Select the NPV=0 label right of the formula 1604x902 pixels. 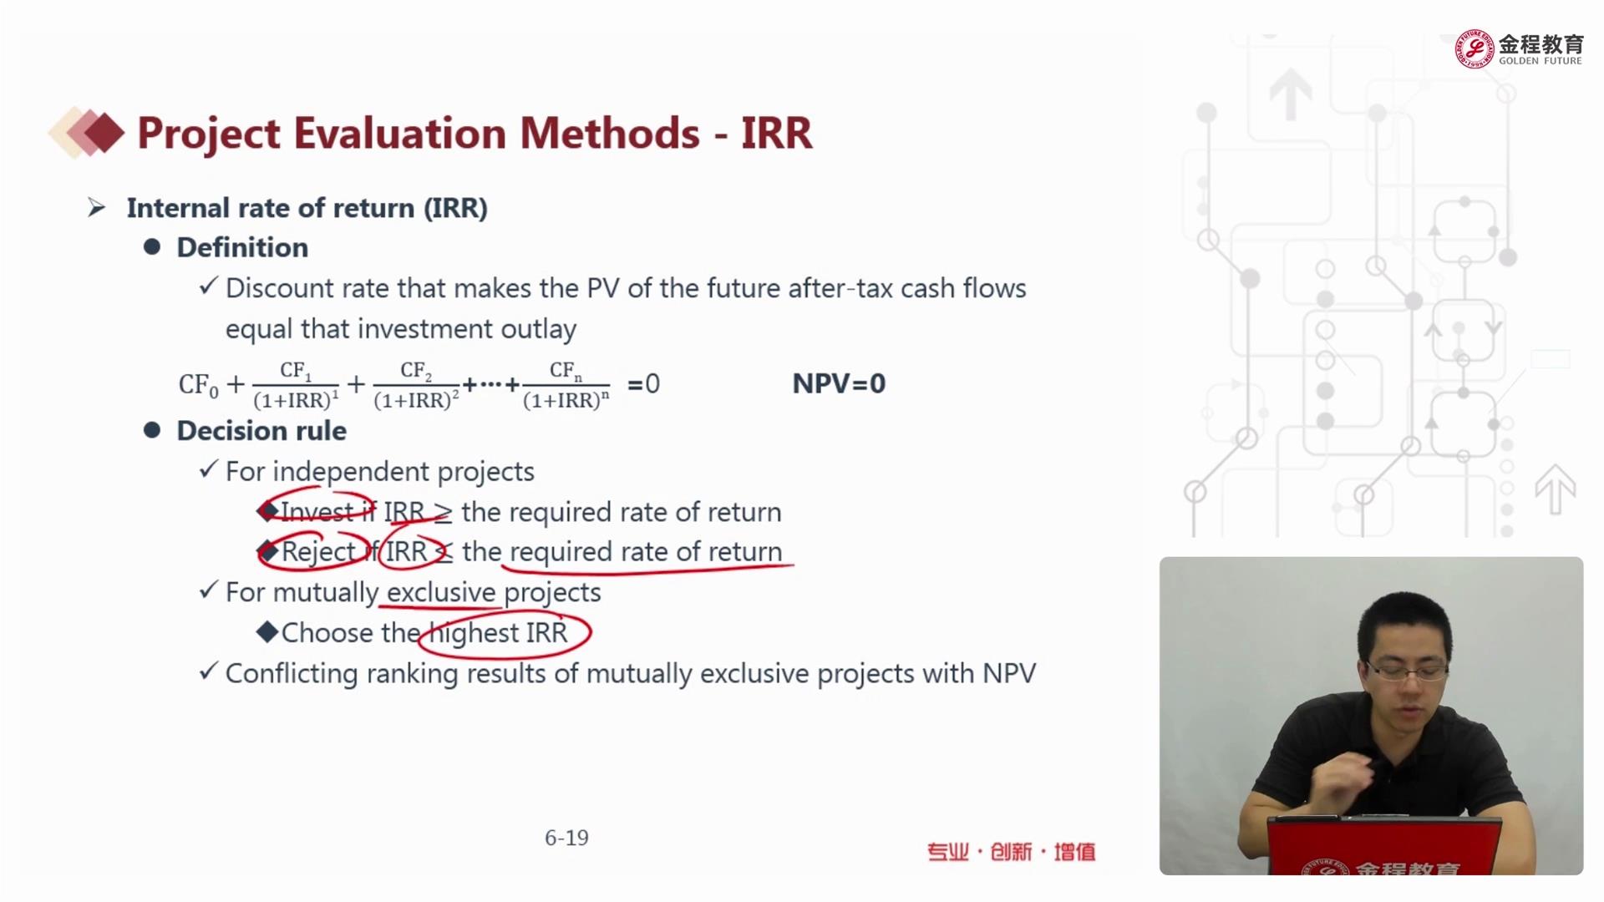tap(839, 383)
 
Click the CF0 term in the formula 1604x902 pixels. tap(199, 385)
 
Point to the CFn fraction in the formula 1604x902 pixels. tap(566, 385)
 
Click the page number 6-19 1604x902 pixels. tap(566, 838)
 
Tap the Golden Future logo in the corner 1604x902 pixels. tap(1519, 49)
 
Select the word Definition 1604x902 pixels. tap(242, 248)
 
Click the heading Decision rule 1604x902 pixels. tap(261, 431)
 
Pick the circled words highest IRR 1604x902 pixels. tap(499, 633)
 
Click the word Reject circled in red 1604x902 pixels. tap(318, 552)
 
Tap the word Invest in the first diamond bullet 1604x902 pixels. tap(317, 512)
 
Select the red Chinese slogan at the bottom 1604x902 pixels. tap(1011, 852)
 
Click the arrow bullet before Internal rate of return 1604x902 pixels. tap(97, 208)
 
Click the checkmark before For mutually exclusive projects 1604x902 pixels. tap(208, 590)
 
